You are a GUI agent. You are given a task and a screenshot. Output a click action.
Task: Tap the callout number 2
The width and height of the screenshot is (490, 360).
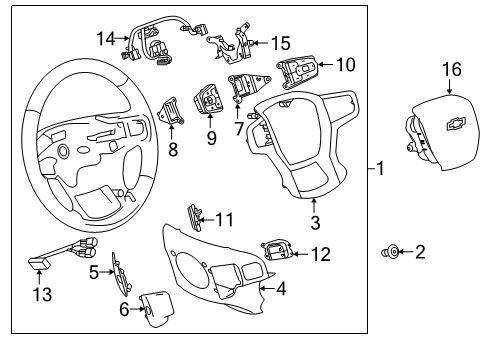(x=419, y=253)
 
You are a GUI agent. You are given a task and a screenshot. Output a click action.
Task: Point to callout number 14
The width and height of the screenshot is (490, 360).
(x=106, y=38)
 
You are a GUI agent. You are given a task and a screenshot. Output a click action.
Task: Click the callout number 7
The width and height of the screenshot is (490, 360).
(x=238, y=129)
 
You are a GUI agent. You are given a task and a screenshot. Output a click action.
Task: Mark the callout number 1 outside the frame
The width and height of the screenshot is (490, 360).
(x=379, y=169)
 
